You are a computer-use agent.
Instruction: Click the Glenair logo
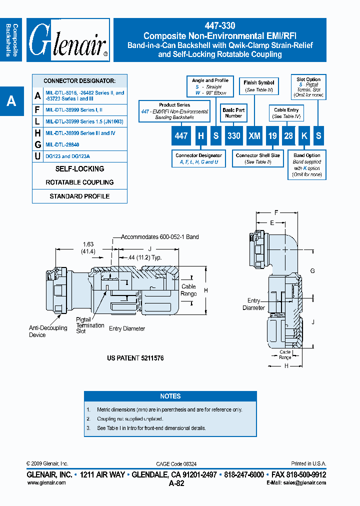(68, 40)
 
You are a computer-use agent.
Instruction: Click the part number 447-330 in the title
(220, 25)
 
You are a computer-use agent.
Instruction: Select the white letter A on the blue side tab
(11, 101)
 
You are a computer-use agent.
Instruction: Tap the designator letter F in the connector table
(38, 109)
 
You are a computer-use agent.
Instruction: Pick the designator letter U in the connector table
(38, 156)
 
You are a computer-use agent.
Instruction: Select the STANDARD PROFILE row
(79, 196)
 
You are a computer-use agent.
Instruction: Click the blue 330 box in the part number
(233, 136)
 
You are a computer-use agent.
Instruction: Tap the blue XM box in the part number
(255, 136)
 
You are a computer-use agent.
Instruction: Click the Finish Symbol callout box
(258, 86)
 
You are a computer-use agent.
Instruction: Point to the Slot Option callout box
(308, 87)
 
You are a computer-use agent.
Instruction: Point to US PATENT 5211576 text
(135, 358)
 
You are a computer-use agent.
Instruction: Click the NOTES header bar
(170, 396)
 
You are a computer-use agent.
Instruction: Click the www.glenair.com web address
(46, 482)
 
